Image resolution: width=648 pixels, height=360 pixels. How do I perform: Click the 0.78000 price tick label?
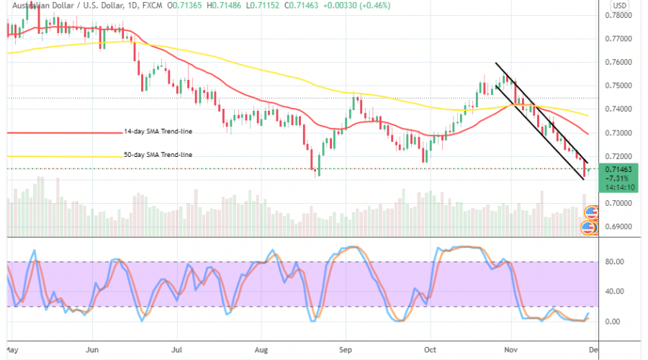tap(618, 14)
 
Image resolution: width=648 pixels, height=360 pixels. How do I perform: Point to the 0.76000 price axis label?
tap(618, 62)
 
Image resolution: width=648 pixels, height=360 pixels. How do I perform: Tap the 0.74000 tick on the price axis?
tap(618, 109)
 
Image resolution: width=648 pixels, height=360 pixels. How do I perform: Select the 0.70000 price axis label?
tap(618, 203)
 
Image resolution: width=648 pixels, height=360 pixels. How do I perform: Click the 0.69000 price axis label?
tap(618, 227)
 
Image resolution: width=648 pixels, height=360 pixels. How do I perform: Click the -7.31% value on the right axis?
tap(616, 177)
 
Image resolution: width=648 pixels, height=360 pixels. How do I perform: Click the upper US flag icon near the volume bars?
tap(591, 212)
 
